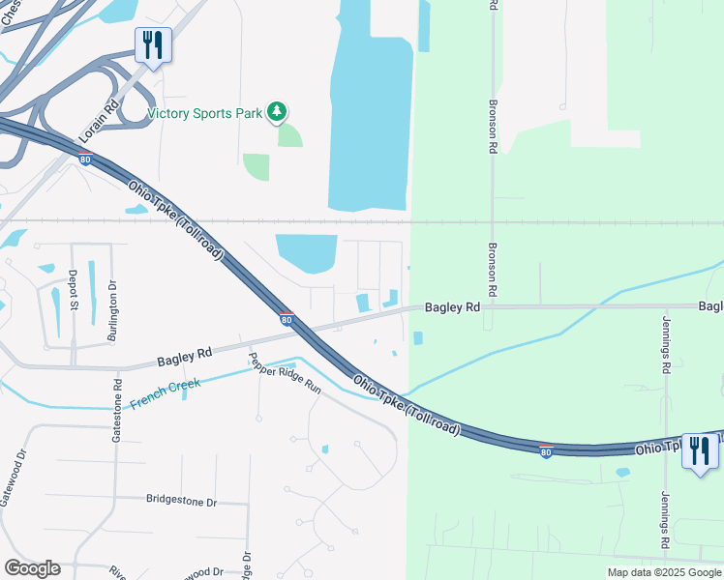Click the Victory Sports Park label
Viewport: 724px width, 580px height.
(x=204, y=113)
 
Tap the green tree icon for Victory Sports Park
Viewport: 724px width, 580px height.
(x=277, y=112)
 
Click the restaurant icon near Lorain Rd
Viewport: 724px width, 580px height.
(x=153, y=45)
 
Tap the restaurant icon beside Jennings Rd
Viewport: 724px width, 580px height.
(x=700, y=451)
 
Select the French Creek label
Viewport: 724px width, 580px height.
(x=166, y=391)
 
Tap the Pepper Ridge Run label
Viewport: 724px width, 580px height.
(x=285, y=371)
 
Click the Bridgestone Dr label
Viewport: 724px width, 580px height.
(x=182, y=501)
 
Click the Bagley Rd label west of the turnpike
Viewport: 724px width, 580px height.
(x=184, y=358)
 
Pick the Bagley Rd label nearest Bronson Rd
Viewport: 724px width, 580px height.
(x=452, y=306)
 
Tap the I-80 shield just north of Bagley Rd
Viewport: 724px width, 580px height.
(x=287, y=317)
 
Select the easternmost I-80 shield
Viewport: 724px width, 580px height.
(x=546, y=451)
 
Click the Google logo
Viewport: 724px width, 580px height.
(x=32, y=568)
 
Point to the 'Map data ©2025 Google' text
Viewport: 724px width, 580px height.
(x=664, y=572)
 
